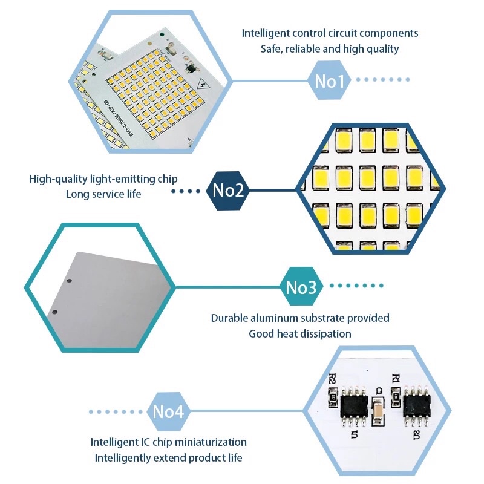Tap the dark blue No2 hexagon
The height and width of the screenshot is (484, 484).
228,191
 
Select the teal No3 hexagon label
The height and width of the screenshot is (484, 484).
301,287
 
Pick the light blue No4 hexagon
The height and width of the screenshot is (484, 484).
168,411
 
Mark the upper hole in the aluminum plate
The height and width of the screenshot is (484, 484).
70,281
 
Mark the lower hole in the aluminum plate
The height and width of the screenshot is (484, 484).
54,312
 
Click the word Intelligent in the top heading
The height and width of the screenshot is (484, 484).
266,33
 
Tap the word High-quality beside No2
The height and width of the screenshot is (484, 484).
56,179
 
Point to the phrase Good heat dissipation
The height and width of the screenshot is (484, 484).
300,333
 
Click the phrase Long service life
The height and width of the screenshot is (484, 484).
103,194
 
